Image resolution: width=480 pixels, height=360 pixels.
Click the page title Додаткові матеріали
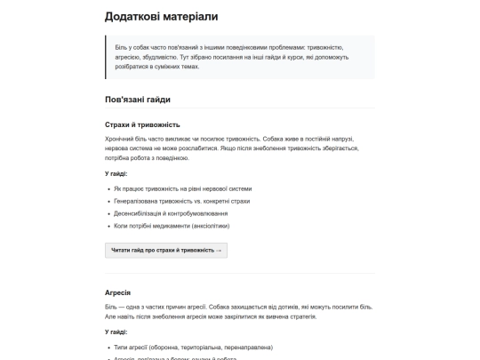(160, 16)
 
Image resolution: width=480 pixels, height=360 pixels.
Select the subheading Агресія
(117, 292)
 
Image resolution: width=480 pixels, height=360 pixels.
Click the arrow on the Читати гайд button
(219, 251)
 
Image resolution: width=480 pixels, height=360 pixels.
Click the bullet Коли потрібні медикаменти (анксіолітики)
(172, 226)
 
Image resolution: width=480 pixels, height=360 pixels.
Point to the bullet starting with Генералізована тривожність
(177, 201)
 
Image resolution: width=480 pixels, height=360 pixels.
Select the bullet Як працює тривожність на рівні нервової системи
(183, 188)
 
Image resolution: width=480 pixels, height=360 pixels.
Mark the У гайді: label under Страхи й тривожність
(116, 173)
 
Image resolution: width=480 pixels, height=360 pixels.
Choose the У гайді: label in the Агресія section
(116, 332)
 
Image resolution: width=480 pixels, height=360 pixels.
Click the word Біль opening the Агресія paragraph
(111, 307)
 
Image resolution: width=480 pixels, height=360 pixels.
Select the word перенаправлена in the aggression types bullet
(248, 347)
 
